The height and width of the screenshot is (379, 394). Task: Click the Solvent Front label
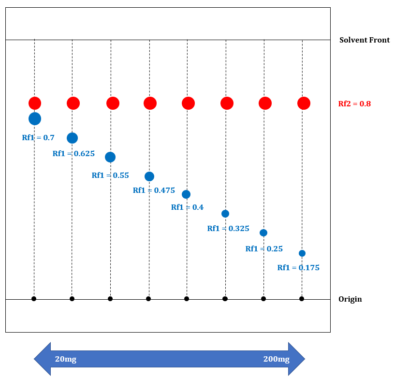pyautogui.click(x=365, y=40)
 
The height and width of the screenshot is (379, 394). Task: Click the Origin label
pyautogui.click(x=350, y=299)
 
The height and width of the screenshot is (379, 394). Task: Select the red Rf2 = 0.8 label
pyautogui.click(x=354, y=103)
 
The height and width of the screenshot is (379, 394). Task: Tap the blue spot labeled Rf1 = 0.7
pyautogui.click(x=35, y=118)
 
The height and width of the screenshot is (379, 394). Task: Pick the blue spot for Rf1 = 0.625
pyautogui.click(x=72, y=138)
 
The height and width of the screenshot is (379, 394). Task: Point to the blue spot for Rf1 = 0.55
pyautogui.click(x=110, y=157)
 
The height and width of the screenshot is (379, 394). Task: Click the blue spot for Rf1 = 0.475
pyautogui.click(x=149, y=176)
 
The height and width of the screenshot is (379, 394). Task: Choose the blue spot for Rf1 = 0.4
pyautogui.click(x=186, y=194)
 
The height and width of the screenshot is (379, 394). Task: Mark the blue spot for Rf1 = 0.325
pyautogui.click(x=225, y=214)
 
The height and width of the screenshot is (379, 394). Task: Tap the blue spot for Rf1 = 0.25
pyautogui.click(x=263, y=233)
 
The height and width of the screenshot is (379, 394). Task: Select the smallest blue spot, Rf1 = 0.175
pyautogui.click(x=302, y=253)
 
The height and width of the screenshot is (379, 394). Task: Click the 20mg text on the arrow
pyautogui.click(x=66, y=359)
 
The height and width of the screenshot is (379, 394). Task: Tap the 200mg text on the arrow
pyautogui.click(x=276, y=359)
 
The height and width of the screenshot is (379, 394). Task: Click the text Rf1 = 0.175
pyautogui.click(x=298, y=267)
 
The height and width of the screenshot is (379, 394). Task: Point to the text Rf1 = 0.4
pyautogui.click(x=187, y=207)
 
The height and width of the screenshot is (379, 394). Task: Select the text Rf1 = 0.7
pyautogui.click(x=38, y=137)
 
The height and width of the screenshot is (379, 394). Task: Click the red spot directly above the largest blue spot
pyautogui.click(x=35, y=103)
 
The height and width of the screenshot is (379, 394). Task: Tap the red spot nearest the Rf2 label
pyautogui.click(x=304, y=103)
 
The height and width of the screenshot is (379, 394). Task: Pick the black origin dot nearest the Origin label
pyautogui.click(x=302, y=299)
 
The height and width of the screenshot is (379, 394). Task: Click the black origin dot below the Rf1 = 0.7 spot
pyautogui.click(x=34, y=299)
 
